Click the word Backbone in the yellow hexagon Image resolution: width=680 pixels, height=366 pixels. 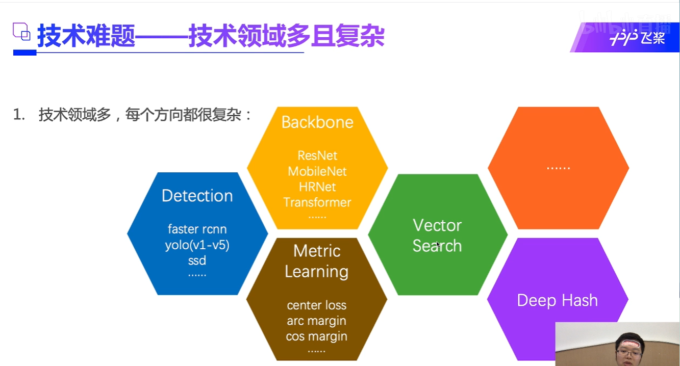point(317,122)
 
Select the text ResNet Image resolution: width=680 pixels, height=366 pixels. point(317,155)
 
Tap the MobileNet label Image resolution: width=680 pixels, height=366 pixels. point(317,171)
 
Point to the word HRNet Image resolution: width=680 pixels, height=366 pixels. point(317,187)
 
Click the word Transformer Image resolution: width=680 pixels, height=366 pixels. point(317,202)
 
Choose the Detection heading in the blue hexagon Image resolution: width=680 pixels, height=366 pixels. point(197,196)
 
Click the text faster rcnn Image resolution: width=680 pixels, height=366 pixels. point(197,229)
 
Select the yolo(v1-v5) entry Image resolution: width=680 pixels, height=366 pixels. point(197,245)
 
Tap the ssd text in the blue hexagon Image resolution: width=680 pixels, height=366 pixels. point(197,260)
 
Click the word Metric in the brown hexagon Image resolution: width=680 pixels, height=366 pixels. point(316,251)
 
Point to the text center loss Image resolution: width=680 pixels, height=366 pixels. point(316,305)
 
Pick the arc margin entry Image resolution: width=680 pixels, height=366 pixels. point(316,321)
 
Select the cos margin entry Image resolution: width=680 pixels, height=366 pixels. point(316,336)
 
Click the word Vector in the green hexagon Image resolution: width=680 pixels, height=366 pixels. point(437,225)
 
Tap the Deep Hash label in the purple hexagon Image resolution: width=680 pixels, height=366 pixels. point(557,300)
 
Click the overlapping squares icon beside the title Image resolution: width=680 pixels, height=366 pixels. point(21,32)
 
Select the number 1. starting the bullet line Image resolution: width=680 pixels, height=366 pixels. point(19,115)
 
